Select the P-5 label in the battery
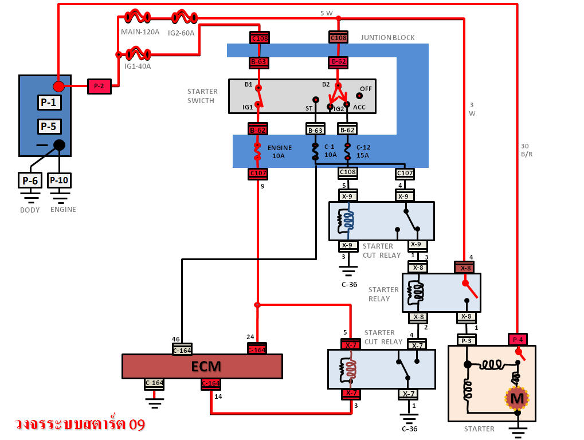[49, 127]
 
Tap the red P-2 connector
[99, 87]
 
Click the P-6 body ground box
[30, 181]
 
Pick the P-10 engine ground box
[59, 181]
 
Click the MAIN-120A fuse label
[140, 32]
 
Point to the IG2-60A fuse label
[181, 33]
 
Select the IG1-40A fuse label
[138, 66]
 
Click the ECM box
[202, 366]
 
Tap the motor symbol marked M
[517, 397]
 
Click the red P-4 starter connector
[518, 339]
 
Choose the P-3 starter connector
[466, 340]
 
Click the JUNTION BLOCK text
[387, 38]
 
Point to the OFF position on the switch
[364, 89]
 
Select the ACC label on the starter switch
[359, 108]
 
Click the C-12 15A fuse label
[363, 151]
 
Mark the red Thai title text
[80, 425]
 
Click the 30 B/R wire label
[526, 150]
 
